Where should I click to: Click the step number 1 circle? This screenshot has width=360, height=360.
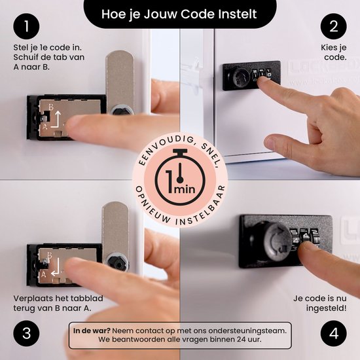click(x=26, y=26)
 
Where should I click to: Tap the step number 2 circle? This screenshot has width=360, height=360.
click(x=334, y=26)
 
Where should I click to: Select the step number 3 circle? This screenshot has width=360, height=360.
click(x=26, y=333)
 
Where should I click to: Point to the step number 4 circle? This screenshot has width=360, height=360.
click(x=334, y=333)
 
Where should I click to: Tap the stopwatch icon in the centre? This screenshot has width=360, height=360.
click(x=180, y=177)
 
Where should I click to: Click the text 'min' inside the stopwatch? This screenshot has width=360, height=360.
click(x=185, y=189)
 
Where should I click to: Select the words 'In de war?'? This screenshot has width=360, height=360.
click(x=92, y=331)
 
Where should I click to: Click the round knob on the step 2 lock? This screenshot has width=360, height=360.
click(x=238, y=77)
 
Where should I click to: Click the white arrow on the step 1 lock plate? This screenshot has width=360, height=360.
click(x=56, y=119)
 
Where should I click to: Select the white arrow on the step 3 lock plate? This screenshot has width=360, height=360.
click(x=56, y=267)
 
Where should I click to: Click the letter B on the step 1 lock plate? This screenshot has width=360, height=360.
click(x=51, y=107)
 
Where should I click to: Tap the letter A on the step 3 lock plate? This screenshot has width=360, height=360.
click(x=44, y=274)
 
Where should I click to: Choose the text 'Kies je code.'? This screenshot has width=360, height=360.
click(x=334, y=52)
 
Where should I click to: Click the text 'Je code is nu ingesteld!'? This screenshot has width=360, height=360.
click(x=319, y=303)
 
